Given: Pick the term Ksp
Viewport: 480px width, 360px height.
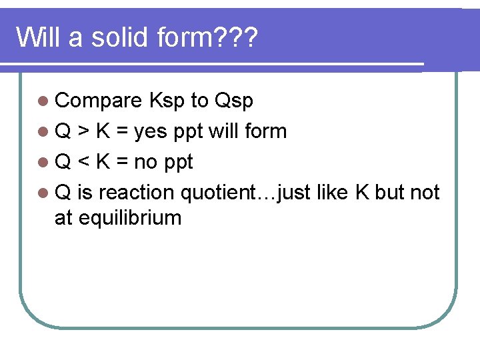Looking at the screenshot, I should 167,101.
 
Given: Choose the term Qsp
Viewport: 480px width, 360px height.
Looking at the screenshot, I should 233,101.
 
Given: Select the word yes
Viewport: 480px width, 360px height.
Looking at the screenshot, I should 151,131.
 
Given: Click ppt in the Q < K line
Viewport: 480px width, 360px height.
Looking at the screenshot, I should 179,162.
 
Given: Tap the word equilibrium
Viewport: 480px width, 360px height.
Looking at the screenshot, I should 130,217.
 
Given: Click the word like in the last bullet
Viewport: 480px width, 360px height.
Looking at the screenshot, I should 335,193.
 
